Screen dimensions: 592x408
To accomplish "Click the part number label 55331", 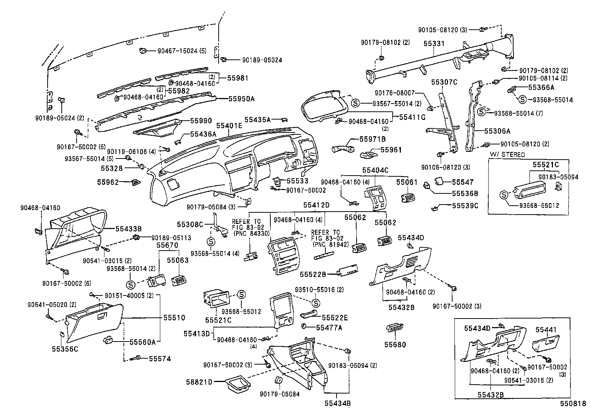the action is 434,43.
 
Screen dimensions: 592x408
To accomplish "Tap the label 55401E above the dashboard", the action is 229,125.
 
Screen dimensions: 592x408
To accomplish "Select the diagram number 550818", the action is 573,404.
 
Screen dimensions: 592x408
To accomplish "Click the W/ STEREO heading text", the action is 507,155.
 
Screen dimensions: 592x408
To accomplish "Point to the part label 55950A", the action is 241,99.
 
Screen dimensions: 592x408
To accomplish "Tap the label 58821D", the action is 199,382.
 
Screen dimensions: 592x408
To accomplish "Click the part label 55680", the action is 395,345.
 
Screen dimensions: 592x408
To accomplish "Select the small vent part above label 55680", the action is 395,328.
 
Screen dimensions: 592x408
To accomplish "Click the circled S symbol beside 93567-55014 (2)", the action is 355,103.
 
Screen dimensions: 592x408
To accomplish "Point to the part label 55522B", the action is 313,274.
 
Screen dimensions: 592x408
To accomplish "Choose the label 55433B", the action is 128,229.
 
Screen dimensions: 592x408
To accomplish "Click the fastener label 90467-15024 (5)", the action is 182,51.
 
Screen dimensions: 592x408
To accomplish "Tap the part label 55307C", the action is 444,82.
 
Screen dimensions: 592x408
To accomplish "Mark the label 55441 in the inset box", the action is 546,330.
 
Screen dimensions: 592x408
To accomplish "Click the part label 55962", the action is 108,182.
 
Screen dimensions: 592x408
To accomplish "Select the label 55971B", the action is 372,139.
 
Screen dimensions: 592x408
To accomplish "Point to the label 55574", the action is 160,359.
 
